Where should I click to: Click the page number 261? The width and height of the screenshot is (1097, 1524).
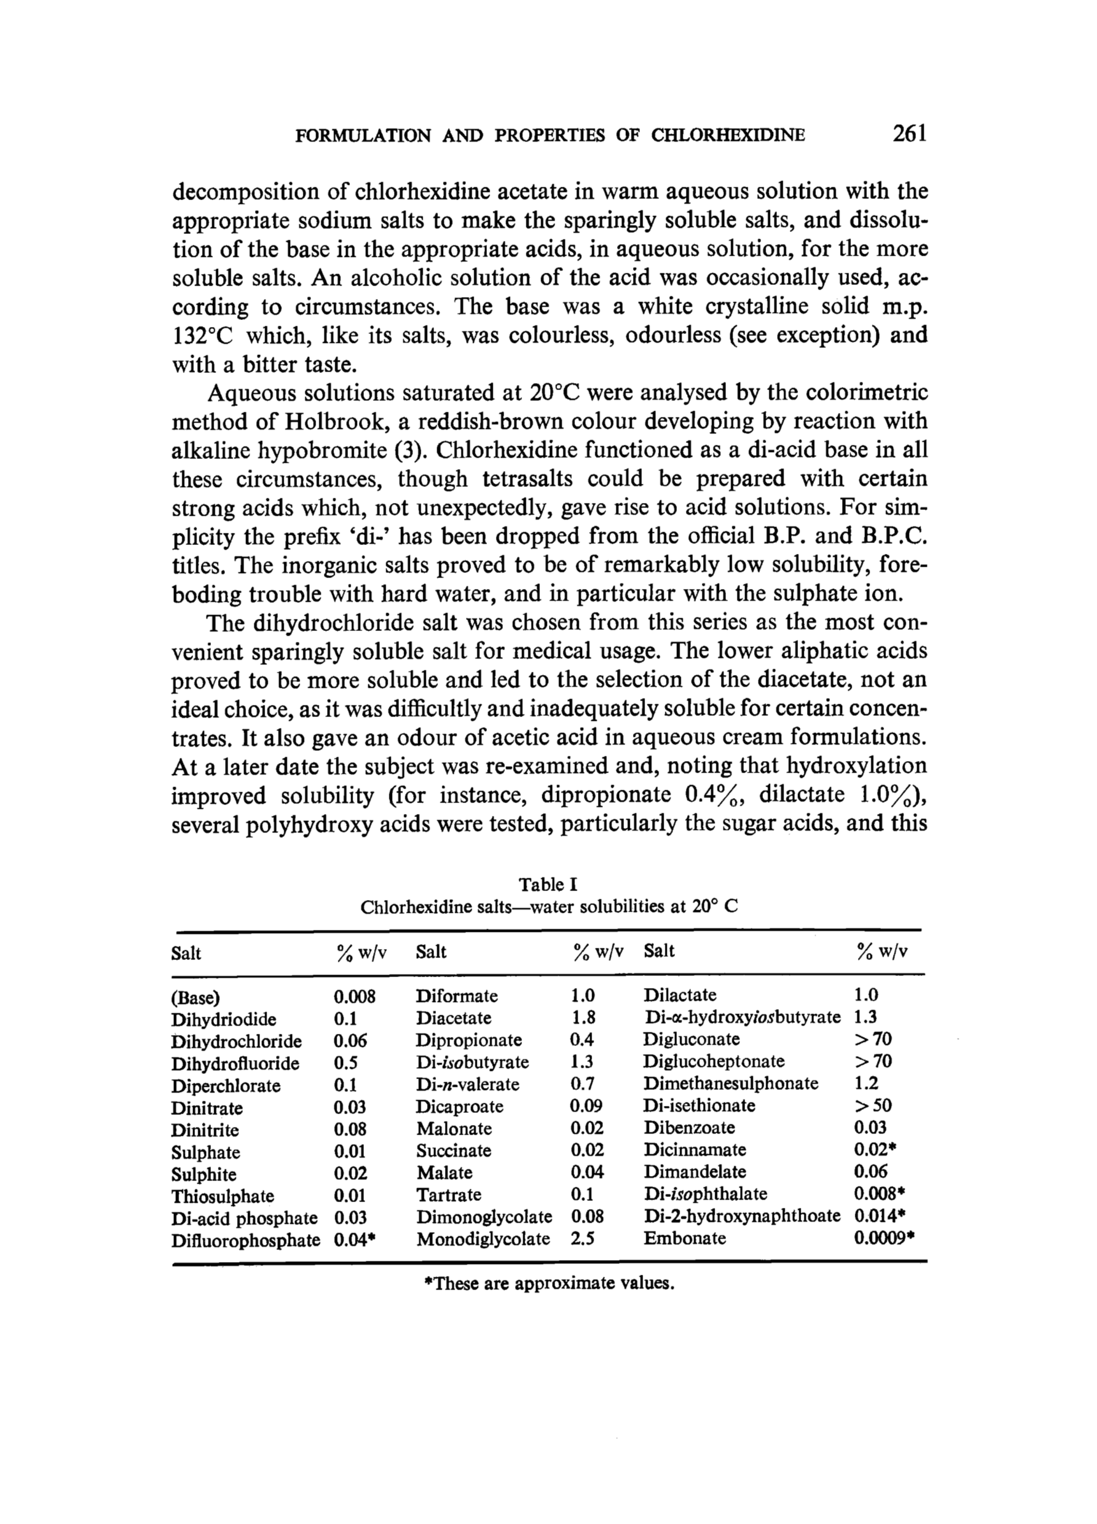tap(910, 134)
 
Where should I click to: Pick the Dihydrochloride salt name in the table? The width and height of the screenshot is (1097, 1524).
tap(236, 1041)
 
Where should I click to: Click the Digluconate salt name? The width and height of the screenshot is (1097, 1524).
tap(691, 1039)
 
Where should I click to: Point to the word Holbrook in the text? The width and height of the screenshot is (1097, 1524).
tap(329, 421)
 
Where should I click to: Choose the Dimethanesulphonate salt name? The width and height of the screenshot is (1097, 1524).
tap(730, 1083)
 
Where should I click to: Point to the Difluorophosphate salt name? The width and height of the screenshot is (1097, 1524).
tap(245, 1240)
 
